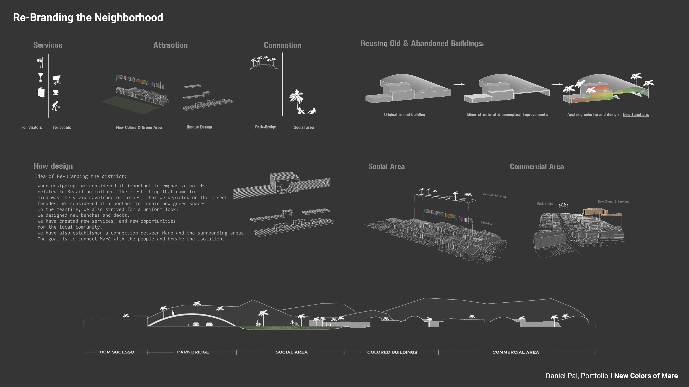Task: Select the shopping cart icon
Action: click(x=57, y=79)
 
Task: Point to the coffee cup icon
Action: click(x=56, y=92)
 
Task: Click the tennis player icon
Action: click(x=56, y=106)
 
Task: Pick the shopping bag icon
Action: click(x=41, y=92)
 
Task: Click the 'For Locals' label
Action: click(x=62, y=127)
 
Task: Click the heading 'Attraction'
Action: click(x=170, y=45)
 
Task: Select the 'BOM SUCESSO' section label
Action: click(x=117, y=352)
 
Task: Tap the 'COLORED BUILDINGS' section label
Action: click(x=392, y=352)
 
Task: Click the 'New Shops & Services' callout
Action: click(x=613, y=202)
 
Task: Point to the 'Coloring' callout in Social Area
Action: click(x=486, y=223)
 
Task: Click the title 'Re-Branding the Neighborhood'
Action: click(x=88, y=17)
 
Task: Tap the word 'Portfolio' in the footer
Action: click(x=594, y=376)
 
